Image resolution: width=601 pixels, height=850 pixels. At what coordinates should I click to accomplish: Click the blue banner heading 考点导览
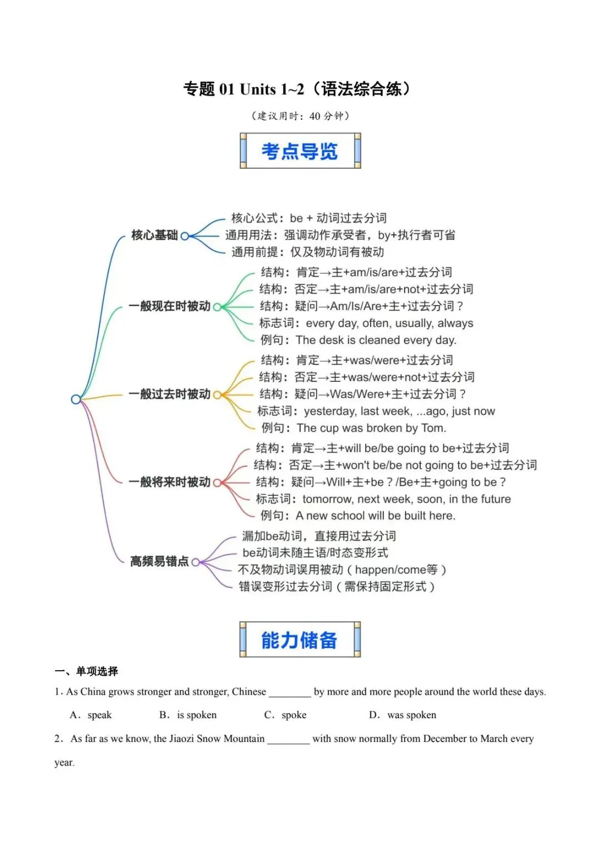(300, 151)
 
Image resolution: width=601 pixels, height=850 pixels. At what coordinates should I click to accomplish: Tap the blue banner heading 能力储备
(300, 640)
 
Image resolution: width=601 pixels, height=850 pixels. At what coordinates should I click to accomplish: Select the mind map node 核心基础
(154, 235)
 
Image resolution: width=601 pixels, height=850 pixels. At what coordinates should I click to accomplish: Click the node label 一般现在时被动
(170, 306)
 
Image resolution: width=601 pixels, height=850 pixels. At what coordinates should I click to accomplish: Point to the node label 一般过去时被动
(170, 394)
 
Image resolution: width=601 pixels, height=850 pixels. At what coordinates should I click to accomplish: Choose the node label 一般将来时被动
(170, 482)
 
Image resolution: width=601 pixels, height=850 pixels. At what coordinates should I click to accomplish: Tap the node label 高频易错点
(159, 561)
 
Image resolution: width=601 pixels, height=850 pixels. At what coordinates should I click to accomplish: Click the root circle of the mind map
(76, 399)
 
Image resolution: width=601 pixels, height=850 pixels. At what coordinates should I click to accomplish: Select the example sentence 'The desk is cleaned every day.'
(376, 340)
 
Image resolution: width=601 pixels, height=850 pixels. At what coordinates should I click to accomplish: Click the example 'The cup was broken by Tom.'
(371, 428)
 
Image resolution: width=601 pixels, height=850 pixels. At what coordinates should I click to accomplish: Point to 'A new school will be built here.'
(375, 516)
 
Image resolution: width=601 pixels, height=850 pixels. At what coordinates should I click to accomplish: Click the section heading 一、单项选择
(87, 671)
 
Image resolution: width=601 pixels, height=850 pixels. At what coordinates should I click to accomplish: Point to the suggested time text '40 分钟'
(326, 116)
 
